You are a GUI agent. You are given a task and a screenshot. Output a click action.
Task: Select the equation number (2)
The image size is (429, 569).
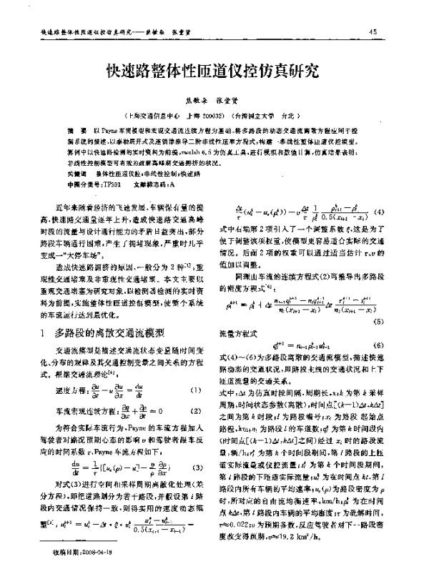click(194, 412)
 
